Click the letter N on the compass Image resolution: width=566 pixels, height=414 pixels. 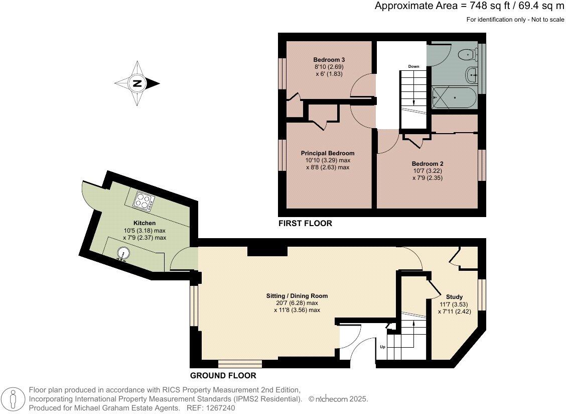[137, 83]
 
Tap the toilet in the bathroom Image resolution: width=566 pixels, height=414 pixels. [468, 55]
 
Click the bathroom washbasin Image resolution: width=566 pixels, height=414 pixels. [472, 75]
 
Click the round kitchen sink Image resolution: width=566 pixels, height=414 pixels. [122, 253]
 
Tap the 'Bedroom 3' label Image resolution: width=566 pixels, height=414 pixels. [329, 60]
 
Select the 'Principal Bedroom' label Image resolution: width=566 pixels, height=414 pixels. [327, 153]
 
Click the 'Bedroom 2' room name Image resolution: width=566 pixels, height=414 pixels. [428, 163]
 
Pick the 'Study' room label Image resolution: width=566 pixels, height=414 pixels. [454, 297]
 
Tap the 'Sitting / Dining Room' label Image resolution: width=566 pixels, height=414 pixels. [297, 296]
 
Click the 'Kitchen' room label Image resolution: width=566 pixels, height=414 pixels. [145, 223]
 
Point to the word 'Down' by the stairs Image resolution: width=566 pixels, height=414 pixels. [413, 66]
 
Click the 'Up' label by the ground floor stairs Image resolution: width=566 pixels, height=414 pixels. [383, 347]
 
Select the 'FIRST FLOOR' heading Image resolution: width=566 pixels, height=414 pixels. [305, 224]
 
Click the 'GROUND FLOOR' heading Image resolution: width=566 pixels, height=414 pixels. [223, 376]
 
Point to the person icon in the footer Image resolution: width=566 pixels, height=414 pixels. [14, 399]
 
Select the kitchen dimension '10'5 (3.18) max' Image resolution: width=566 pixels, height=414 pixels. [145, 230]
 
